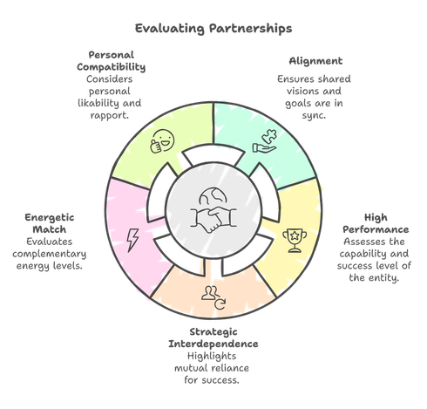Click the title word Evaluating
(170, 29)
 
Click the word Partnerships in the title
(251, 29)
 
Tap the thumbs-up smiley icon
(162, 141)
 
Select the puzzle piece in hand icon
(265, 140)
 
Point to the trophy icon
(295, 241)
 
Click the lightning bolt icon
(132, 240)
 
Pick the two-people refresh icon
(213, 298)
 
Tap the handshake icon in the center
(213, 220)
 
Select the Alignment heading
(315, 61)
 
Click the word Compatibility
(112, 67)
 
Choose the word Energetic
(50, 218)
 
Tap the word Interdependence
(213, 344)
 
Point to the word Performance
(376, 229)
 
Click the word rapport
(109, 115)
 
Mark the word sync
(314, 115)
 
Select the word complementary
(50, 254)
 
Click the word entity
(384, 278)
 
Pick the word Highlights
(212, 357)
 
